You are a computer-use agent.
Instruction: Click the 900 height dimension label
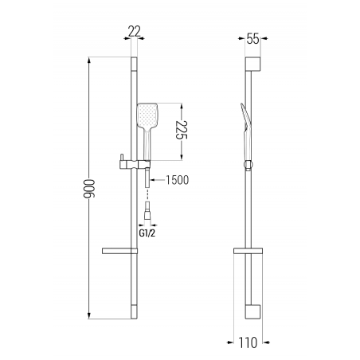(89, 189)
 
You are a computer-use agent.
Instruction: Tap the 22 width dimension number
(135, 31)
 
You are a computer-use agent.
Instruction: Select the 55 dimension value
(252, 39)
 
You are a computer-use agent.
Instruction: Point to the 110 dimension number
(248, 342)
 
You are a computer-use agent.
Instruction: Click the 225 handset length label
(182, 130)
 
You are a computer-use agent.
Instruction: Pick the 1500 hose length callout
(178, 180)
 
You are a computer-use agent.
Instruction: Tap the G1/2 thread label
(147, 233)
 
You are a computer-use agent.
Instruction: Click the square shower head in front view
(147, 115)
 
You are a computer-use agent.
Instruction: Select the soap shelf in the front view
(119, 251)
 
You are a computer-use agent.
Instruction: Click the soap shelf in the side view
(248, 251)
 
